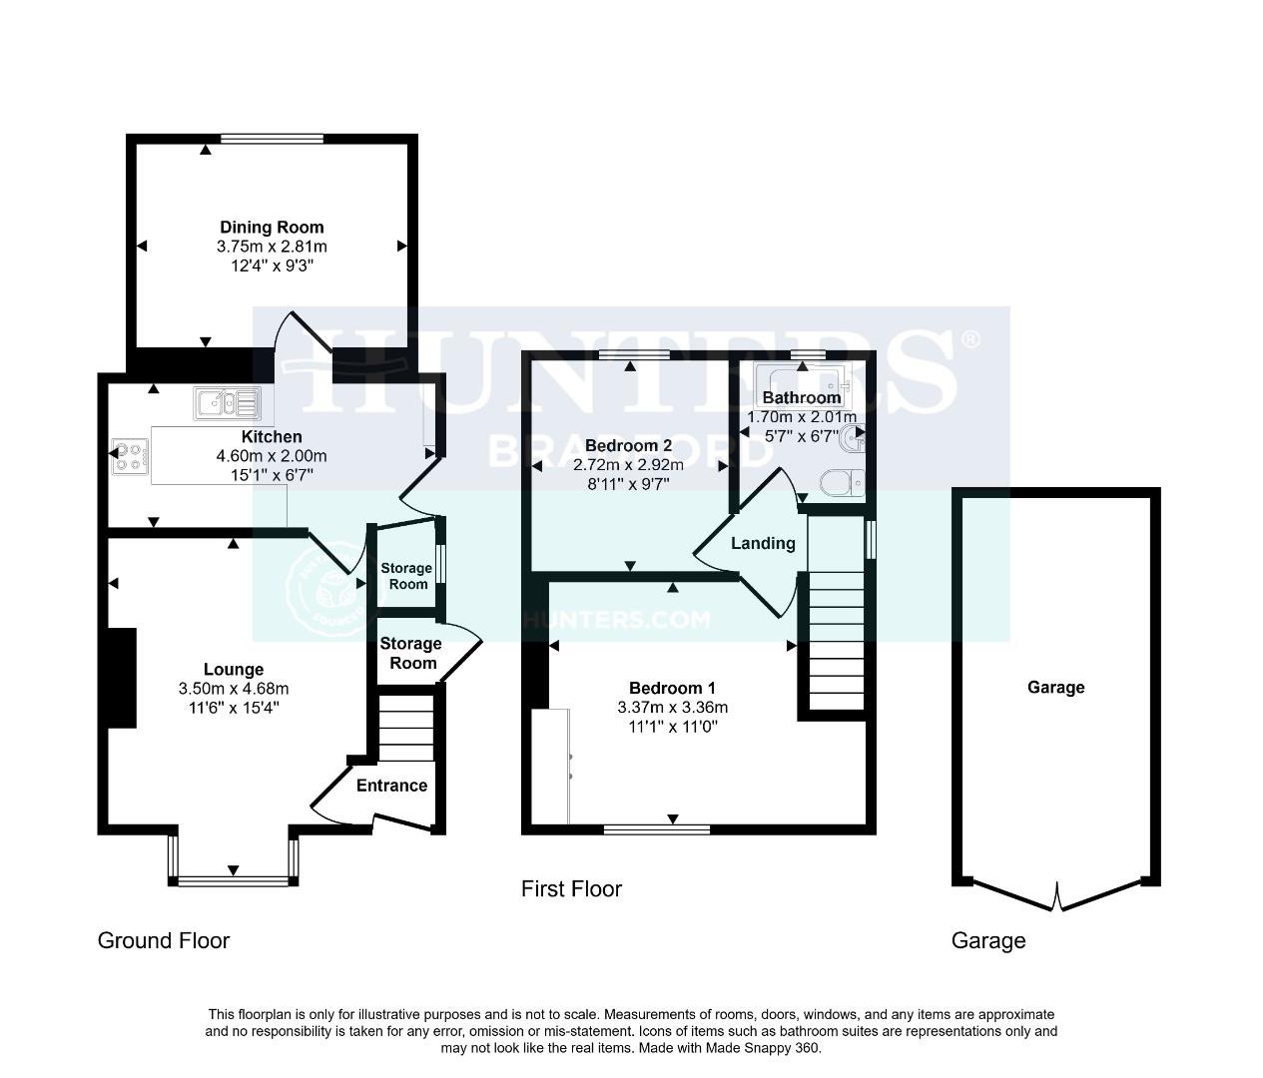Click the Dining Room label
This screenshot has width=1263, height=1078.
point(272,228)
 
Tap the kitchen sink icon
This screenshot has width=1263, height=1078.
point(228,402)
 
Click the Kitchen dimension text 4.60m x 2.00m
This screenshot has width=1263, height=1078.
point(272,456)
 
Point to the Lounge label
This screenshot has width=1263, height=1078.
point(234,670)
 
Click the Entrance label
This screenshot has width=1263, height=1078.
point(391,786)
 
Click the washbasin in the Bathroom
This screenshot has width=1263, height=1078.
point(852,437)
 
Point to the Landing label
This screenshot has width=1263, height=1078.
point(763,544)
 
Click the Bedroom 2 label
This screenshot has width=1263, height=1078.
point(628,446)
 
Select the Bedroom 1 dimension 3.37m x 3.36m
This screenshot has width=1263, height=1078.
point(672,708)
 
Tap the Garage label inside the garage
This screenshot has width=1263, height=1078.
point(1055,687)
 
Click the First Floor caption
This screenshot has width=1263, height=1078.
point(571,888)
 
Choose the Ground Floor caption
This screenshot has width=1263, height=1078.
point(164,940)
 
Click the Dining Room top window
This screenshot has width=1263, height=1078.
point(272,139)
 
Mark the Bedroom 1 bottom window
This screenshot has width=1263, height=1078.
point(656,828)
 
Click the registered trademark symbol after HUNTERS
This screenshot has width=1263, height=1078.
point(969,339)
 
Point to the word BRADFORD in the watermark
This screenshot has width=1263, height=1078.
point(631,451)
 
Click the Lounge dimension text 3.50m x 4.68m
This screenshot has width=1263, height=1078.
point(234,689)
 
